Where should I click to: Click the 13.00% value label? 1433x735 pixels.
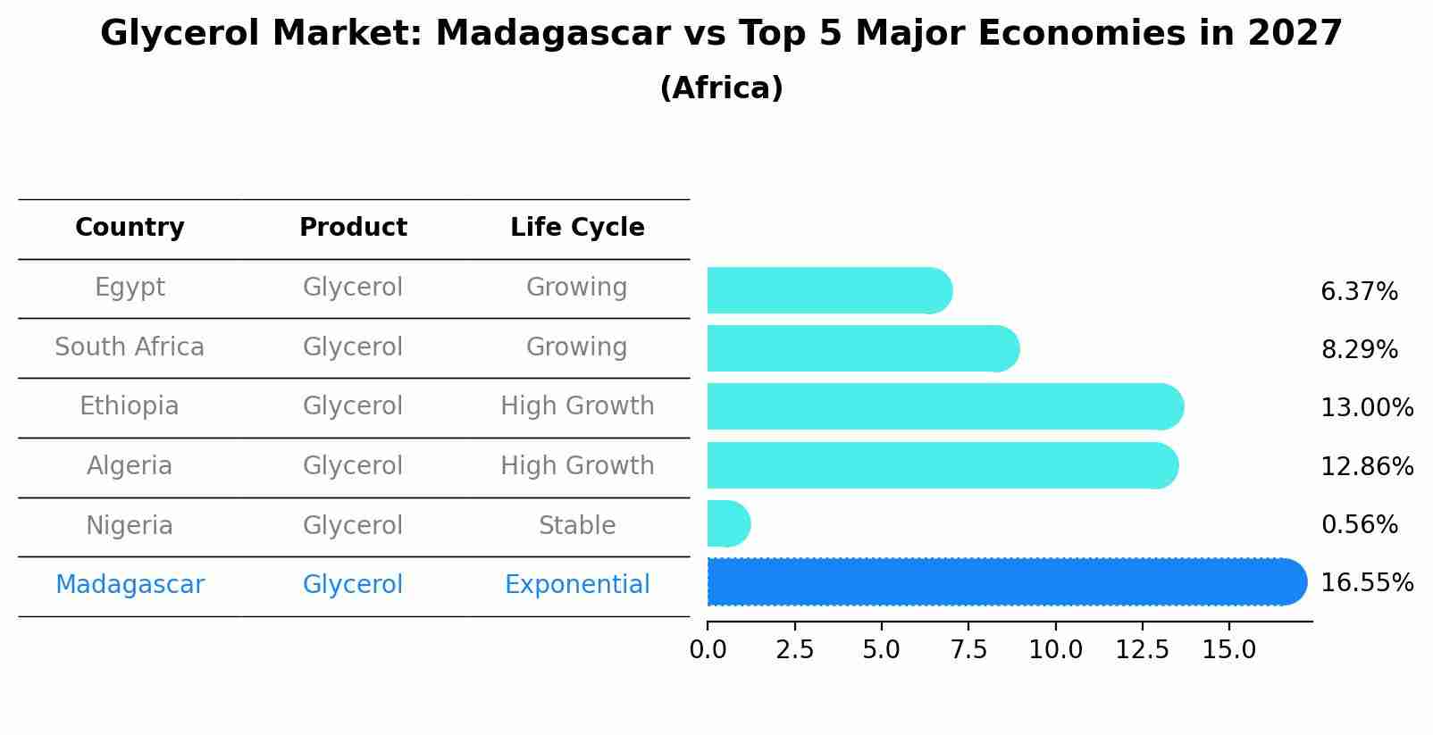pyautogui.click(x=1366, y=408)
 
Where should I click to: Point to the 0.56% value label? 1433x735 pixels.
pyautogui.click(x=1359, y=525)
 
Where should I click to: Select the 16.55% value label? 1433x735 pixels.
pyautogui.click(x=1366, y=583)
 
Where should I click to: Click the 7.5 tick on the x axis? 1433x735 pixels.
pyautogui.click(x=968, y=650)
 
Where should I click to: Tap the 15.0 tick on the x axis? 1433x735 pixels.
pyautogui.click(x=1228, y=650)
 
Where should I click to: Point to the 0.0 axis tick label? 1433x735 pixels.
pyautogui.click(x=708, y=650)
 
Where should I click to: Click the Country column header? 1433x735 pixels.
pyautogui.click(x=130, y=228)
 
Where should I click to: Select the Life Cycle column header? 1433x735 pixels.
pyautogui.click(x=577, y=228)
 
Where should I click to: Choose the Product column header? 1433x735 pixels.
pyautogui.click(x=353, y=228)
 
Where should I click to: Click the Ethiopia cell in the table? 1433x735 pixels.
pyautogui.click(x=130, y=406)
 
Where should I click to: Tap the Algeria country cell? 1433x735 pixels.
pyautogui.click(x=130, y=466)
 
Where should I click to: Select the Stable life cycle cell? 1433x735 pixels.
pyautogui.click(x=577, y=526)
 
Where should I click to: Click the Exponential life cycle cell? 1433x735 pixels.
pyautogui.click(x=577, y=585)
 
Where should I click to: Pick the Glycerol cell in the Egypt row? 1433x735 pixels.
pyautogui.click(x=353, y=288)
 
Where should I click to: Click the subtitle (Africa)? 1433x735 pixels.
pyautogui.click(x=721, y=88)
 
